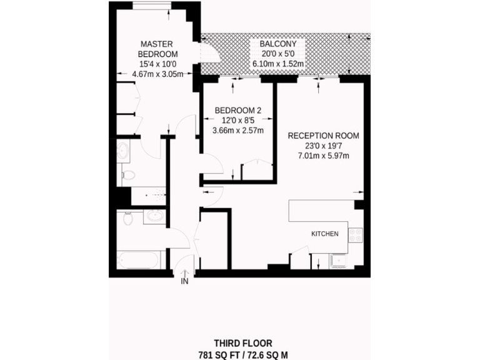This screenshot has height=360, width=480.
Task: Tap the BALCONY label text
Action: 278,44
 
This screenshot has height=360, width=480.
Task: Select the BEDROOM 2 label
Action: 238,111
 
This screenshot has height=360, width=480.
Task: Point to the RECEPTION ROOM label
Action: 323,136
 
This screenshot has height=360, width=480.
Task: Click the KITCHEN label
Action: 325,234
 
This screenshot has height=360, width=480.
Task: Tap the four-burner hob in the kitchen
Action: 355,235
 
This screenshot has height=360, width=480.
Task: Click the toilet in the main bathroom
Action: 127,219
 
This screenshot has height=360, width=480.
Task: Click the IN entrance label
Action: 184,282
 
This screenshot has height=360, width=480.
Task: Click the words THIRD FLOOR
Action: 243,343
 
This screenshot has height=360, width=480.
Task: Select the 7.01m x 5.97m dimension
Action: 323,156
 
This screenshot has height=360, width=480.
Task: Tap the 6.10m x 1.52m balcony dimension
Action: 278,64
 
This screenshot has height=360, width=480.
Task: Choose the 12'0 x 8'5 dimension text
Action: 238,121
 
